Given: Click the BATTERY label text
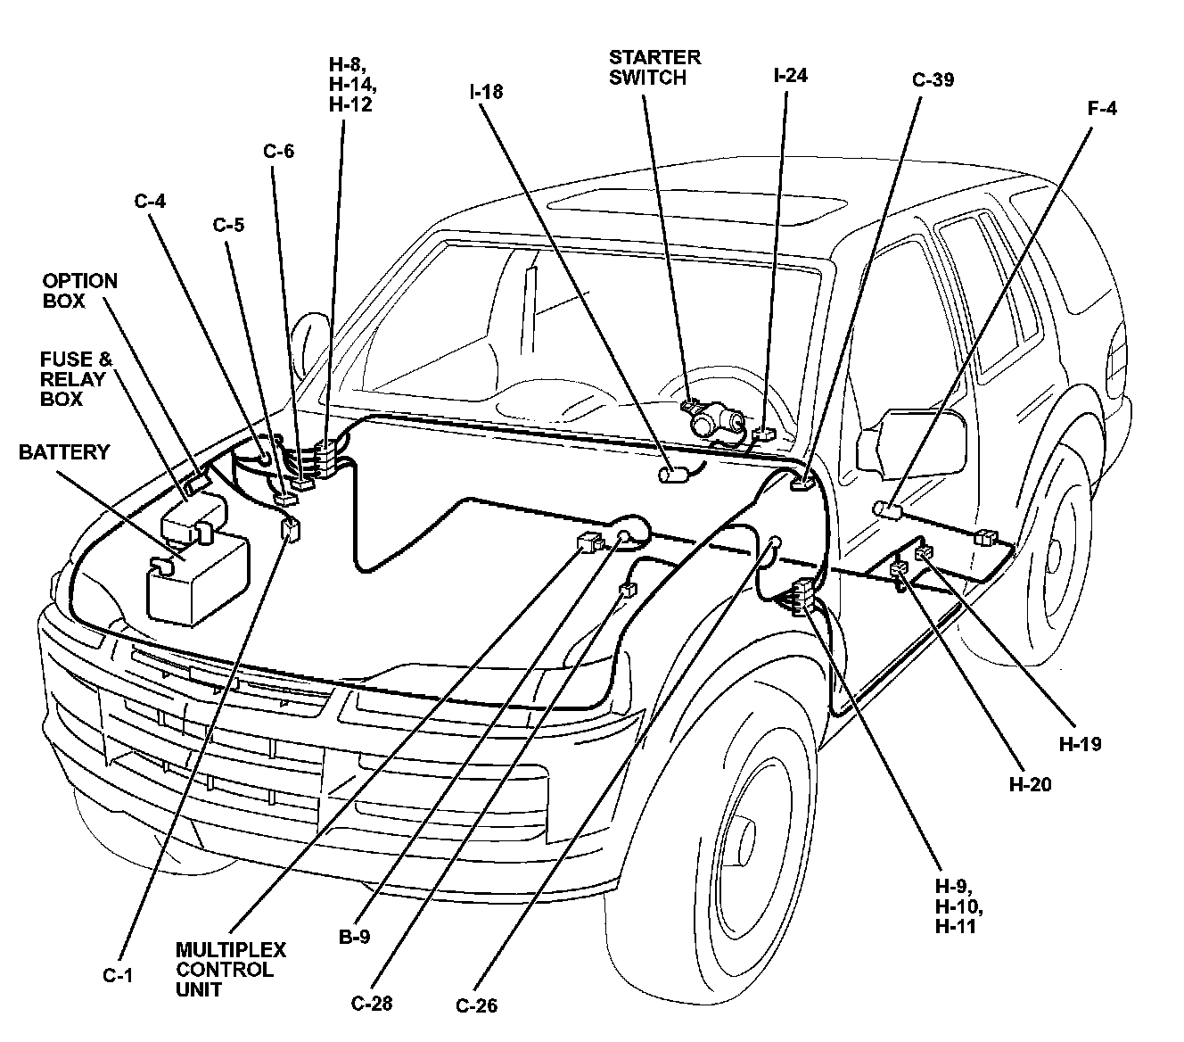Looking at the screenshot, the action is coord(64,452).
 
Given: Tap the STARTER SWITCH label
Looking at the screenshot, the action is coord(654,67).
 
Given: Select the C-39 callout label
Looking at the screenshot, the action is coord(933,79).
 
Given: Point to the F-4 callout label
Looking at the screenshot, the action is coord(1102,109).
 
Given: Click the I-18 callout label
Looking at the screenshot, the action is coord(486,92).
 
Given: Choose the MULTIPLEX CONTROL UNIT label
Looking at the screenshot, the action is coord(231,970).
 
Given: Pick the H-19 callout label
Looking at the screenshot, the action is coord(1080,744).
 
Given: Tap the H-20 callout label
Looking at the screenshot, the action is coord(1031,784).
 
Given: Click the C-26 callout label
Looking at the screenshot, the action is coord(476,1005).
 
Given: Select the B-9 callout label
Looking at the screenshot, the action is coord(354,937).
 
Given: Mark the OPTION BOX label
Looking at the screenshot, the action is coord(80,291).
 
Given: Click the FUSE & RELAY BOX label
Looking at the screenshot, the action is coord(76,379).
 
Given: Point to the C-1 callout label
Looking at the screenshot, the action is coord(118,975).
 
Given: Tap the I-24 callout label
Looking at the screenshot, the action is coord(790,76).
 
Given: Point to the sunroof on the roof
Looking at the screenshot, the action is coord(696,204).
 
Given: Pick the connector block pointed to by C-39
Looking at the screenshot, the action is coord(803,482).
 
